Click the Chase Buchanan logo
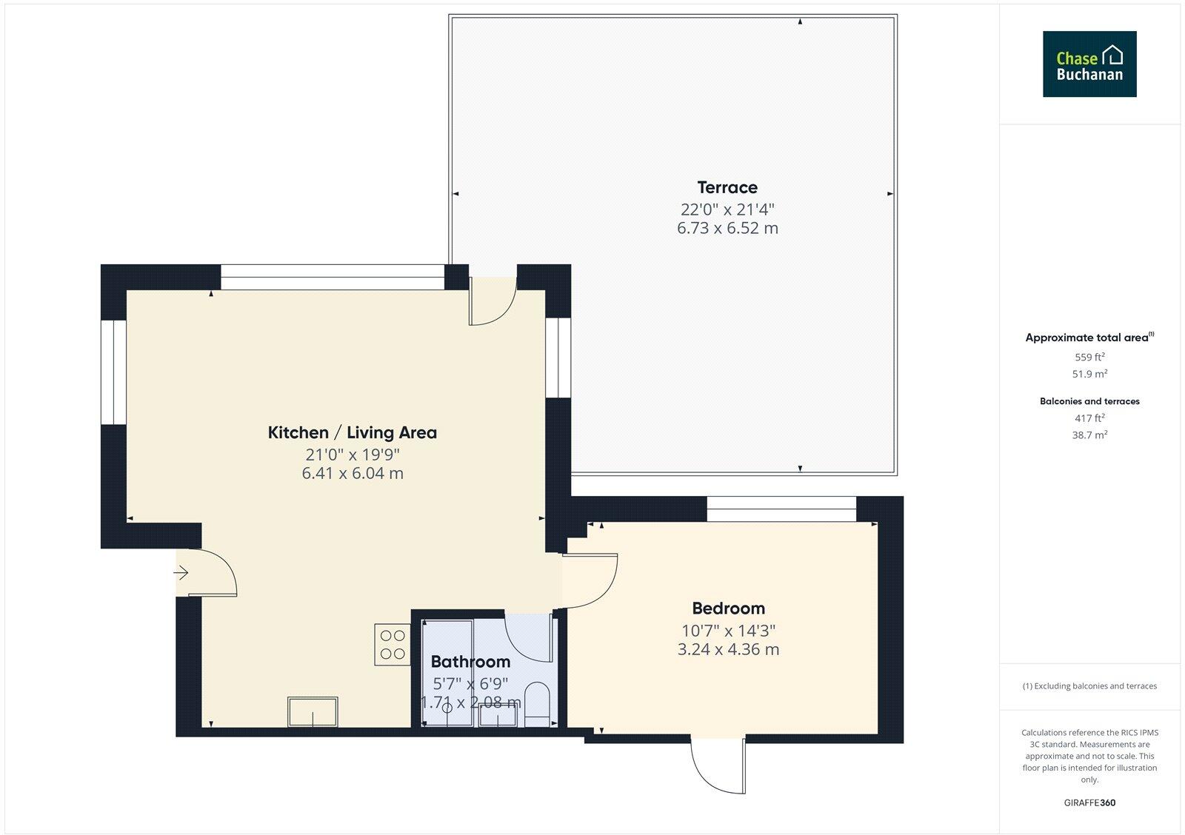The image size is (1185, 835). tap(1089, 64)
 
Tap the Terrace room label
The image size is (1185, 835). tap(727, 187)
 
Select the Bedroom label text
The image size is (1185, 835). tap(728, 608)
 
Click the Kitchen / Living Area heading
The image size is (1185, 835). tap(352, 432)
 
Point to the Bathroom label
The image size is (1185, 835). tap(470, 662)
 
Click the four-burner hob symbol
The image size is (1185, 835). tap(393, 644)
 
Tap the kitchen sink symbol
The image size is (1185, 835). tap(313, 712)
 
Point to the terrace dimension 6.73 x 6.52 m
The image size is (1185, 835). tap(727, 228)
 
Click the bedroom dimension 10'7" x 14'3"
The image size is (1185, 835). tap(728, 631)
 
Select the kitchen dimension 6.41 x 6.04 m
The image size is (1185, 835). tap(352, 473)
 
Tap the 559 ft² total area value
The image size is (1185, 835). tap(1089, 357)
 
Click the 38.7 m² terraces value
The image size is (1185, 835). tap(1089, 435)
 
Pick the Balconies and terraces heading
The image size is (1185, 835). tap(1089, 401)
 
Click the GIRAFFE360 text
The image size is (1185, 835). tap(1089, 802)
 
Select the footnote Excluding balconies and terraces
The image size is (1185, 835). tap(1089, 686)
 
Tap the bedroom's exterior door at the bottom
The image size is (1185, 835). tap(717, 764)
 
